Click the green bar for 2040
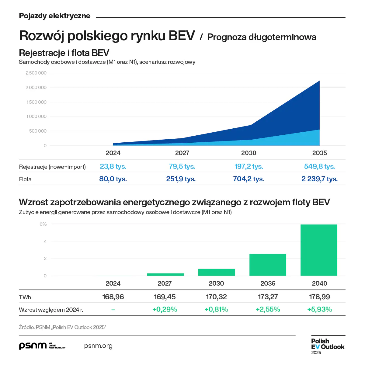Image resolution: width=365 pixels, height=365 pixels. (x=319, y=250)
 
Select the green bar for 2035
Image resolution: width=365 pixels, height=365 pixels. (x=268, y=265)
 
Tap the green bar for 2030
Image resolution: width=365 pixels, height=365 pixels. (x=217, y=272)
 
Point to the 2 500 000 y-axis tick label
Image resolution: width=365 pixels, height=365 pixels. (x=36, y=73)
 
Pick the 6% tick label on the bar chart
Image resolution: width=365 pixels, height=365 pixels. (x=43, y=224)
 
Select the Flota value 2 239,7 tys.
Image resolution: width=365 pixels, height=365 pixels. (x=319, y=179)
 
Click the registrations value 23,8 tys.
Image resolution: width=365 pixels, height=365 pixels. (x=113, y=166)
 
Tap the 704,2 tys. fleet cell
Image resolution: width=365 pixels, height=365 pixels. (x=249, y=179)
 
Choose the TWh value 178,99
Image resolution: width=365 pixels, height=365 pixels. (x=319, y=297)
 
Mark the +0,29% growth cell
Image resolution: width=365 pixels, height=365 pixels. (x=165, y=309)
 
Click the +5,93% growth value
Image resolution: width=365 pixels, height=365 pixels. (x=319, y=309)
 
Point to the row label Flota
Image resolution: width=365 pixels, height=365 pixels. (x=25, y=179)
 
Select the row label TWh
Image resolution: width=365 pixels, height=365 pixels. (x=25, y=297)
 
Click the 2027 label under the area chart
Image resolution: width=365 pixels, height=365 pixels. (x=182, y=153)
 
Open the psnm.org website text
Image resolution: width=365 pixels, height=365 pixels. (x=98, y=346)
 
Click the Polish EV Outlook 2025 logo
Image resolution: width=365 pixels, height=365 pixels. (x=328, y=346)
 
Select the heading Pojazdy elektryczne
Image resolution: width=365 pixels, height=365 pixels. (x=55, y=16)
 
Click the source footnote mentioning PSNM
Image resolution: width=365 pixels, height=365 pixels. (x=62, y=327)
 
